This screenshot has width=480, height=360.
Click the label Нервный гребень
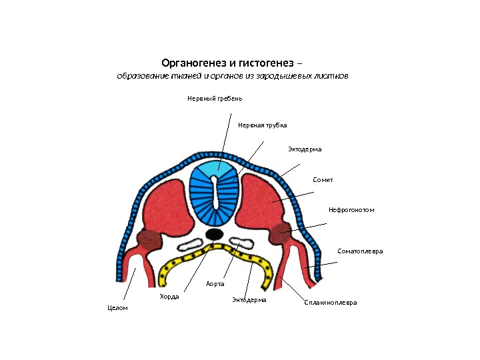point(214,99)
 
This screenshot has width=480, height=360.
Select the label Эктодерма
point(305,149)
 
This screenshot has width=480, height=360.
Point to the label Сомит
point(323,180)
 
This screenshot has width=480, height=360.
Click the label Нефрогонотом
point(351,210)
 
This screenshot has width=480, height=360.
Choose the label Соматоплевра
point(360,251)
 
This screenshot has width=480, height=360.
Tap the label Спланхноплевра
point(330,303)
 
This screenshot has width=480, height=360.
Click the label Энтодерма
point(249,300)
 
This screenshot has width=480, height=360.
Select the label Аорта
point(215,284)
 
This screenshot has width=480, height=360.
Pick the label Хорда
point(169,296)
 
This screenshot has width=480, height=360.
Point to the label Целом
point(117,308)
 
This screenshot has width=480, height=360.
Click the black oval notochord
point(214,234)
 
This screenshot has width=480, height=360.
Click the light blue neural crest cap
point(213,167)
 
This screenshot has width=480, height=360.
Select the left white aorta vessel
point(192,243)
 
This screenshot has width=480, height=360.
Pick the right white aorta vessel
point(237,242)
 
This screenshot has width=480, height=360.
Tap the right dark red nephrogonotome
point(279,233)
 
